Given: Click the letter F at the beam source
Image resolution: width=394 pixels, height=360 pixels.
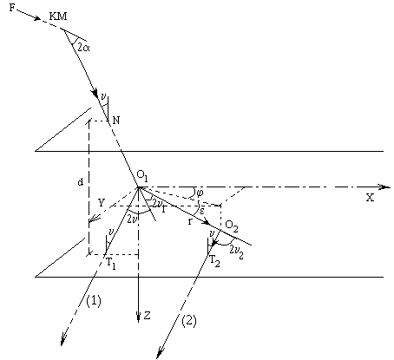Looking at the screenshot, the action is (12, 8).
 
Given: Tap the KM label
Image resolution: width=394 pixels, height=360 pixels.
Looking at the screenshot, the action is (58, 16).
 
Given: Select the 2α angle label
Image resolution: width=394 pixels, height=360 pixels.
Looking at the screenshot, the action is (84, 47).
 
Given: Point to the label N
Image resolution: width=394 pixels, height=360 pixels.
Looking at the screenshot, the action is (116, 120).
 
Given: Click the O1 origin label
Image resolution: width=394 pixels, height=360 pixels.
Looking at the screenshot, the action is (142, 176).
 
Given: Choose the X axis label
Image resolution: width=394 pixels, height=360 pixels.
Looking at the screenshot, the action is (370, 198).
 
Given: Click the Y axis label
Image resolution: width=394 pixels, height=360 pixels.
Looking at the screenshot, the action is (101, 203).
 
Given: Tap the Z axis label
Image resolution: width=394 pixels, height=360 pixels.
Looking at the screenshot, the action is (148, 316).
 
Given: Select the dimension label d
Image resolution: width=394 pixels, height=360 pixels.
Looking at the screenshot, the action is (81, 182).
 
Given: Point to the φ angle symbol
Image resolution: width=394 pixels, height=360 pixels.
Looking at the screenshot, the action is (200, 192).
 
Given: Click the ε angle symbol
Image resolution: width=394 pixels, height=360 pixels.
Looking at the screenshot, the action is (201, 211).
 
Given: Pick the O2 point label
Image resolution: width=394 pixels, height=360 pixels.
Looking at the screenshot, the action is (232, 226).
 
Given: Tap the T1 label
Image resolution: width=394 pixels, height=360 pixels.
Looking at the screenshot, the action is (111, 264).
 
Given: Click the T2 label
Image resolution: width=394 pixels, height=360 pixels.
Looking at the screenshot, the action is (214, 261).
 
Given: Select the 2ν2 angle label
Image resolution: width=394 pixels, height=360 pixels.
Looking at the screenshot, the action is (236, 250).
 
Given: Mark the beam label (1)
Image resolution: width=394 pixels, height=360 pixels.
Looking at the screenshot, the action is (94, 301).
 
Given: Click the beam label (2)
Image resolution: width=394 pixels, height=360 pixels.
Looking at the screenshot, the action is (189, 321).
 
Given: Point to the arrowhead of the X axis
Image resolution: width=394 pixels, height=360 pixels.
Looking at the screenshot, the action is (385, 187).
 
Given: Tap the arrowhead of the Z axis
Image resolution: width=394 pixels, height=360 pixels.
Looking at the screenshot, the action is (139, 317).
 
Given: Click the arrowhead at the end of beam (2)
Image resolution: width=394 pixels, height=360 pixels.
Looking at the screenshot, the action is (160, 353).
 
